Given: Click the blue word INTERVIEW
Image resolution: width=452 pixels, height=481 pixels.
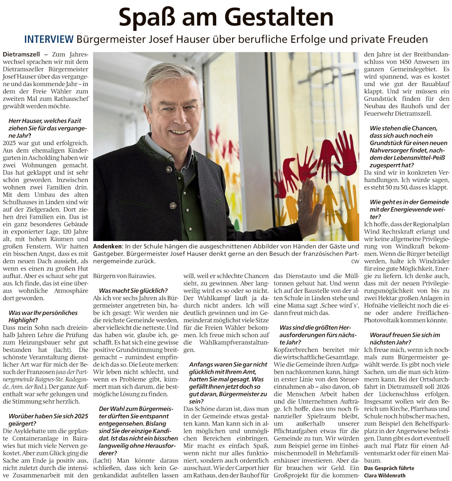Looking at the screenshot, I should (49, 39).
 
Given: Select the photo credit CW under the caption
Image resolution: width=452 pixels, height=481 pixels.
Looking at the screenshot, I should (355, 261).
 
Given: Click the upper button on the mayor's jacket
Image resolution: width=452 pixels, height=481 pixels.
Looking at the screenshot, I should (168, 169).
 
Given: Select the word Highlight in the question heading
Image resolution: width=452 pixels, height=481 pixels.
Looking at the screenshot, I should (22, 320).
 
